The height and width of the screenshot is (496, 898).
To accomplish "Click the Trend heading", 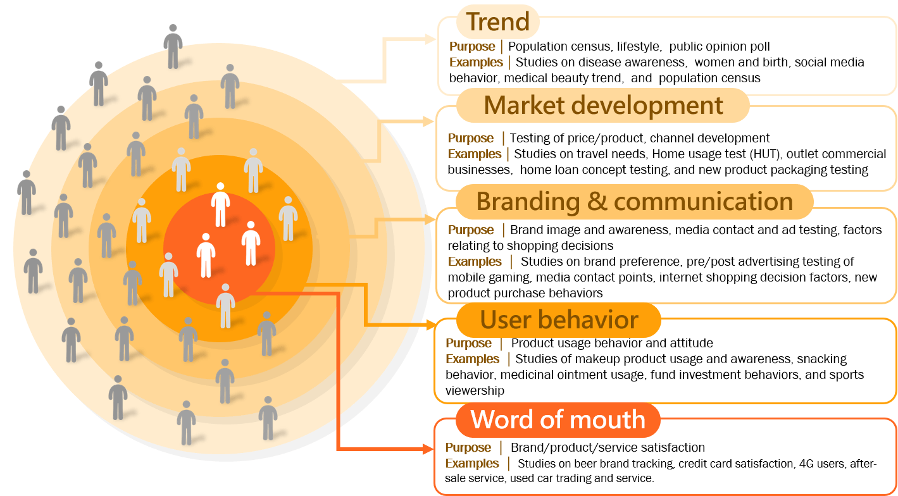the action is pyautogui.click(x=497, y=22).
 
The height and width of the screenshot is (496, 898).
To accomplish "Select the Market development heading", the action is pyautogui.click(x=603, y=106).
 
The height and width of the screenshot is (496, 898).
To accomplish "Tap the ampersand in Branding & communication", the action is pyautogui.click(x=597, y=201).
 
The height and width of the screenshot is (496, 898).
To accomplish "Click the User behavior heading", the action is pyautogui.click(x=559, y=319).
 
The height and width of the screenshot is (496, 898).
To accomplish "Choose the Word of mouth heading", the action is pyautogui.click(x=558, y=419).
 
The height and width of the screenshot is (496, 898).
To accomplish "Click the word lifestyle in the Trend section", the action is pyautogui.click(x=639, y=46).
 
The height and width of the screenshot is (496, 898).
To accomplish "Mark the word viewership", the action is pyautogui.click(x=475, y=390).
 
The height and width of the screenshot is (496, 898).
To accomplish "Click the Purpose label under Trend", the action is pyautogui.click(x=472, y=46).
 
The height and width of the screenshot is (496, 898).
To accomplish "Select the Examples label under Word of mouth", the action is pyautogui.click(x=472, y=463).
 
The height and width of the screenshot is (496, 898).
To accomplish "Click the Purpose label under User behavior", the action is pyautogui.click(x=468, y=343).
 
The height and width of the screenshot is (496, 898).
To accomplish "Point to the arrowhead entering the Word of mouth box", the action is pyautogui.click(x=428, y=449).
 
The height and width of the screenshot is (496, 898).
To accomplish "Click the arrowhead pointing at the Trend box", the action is pyautogui.click(x=430, y=39).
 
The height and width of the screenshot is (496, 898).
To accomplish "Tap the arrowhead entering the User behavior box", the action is pyautogui.click(x=430, y=325).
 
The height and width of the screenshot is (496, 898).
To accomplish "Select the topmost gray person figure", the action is pyautogui.click(x=173, y=46).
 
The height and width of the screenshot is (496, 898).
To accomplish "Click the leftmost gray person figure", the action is pyautogui.click(x=27, y=193).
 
